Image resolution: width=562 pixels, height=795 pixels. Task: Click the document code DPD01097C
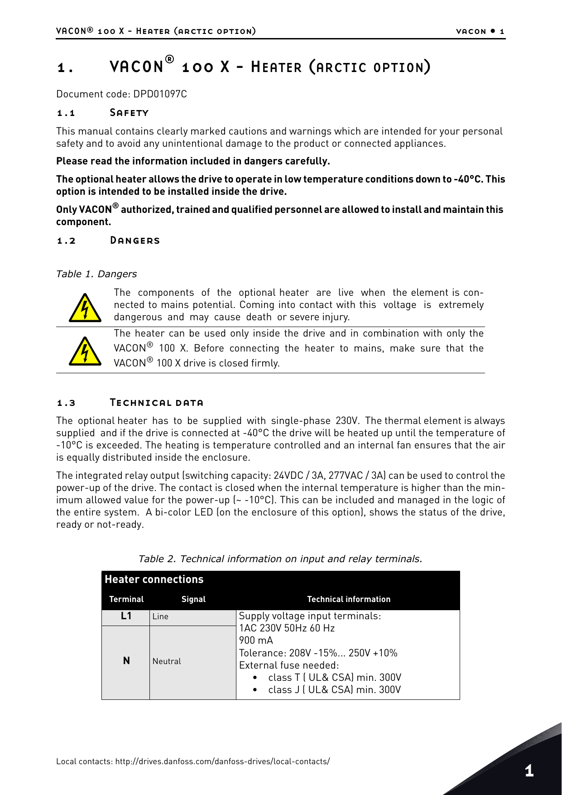(x=159, y=94)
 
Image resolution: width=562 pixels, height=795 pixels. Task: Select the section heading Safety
(x=129, y=113)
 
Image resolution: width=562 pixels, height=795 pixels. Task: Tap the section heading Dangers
(x=135, y=241)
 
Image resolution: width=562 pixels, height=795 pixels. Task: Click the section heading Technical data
(x=156, y=403)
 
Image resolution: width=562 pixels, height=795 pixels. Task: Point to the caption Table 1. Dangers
(x=96, y=274)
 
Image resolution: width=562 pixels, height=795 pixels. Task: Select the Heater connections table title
(x=154, y=579)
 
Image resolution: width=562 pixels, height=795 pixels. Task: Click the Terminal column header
(x=126, y=599)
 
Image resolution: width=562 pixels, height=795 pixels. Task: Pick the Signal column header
(x=193, y=599)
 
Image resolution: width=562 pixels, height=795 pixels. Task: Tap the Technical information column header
(x=348, y=599)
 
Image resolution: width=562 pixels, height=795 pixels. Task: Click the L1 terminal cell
(x=126, y=616)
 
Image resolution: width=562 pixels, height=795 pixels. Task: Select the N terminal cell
(x=126, y=661)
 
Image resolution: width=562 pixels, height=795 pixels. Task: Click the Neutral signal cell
(x=167, y=661)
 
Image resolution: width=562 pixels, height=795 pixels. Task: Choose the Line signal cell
(x=160, y=617)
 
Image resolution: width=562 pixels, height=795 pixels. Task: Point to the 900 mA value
(x=256, y=641)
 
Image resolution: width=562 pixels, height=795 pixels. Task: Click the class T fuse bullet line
(x=334, y=678)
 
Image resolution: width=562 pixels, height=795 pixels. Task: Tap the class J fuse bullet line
(x=334, y=690)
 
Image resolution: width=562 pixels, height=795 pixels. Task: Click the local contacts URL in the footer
(x=222, y=761)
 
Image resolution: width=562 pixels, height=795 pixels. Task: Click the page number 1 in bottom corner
(x=529, y=771)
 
